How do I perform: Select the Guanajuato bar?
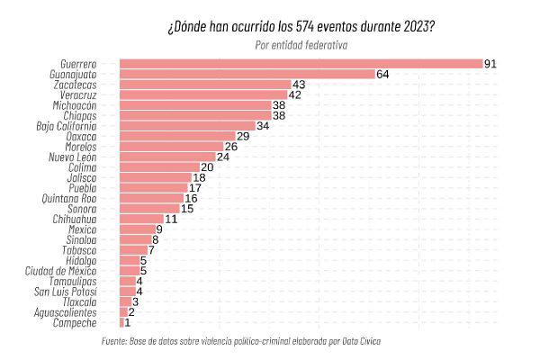(x=247, y=74)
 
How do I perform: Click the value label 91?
(x=490, y=64)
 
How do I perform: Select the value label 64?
(x=382, y=74)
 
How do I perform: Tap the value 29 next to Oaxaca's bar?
(x=242, y=136)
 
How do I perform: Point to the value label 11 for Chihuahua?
(x=170, y=219)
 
